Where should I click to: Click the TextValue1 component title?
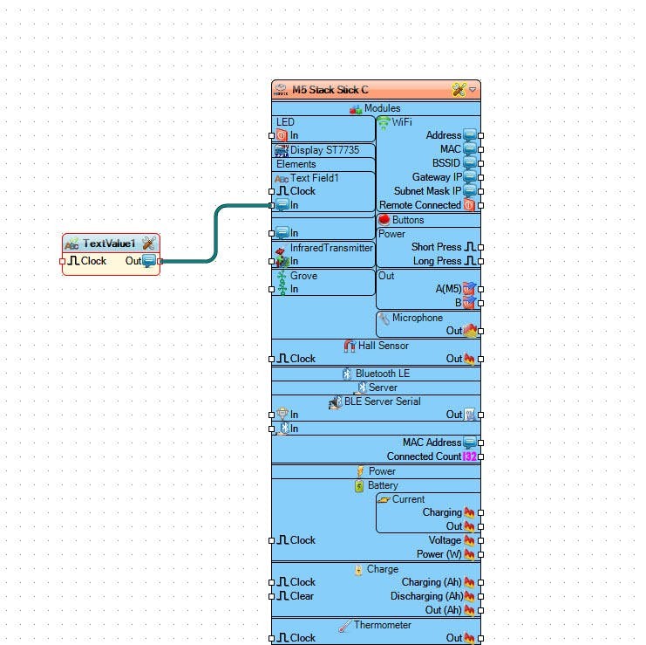coord(109,243)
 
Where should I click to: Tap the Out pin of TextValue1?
coord(149,261)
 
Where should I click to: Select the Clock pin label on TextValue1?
coord(93,261)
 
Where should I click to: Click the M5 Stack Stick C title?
coord(330,90)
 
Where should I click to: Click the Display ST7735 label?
coord(323,150)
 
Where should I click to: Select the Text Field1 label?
coord(315,178)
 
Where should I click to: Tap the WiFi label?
coord(402,122)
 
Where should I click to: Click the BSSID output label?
coord(446,163)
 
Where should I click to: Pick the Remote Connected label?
coord(420,205)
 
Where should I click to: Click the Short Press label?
coord(436,247)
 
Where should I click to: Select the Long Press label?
coord(437,261)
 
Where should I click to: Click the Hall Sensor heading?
coord(383,346)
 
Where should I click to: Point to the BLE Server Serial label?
coord(382,401)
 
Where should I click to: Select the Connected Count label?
coord(424,456)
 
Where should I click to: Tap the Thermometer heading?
coord(382,625)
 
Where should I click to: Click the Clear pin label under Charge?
coord(302,596)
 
